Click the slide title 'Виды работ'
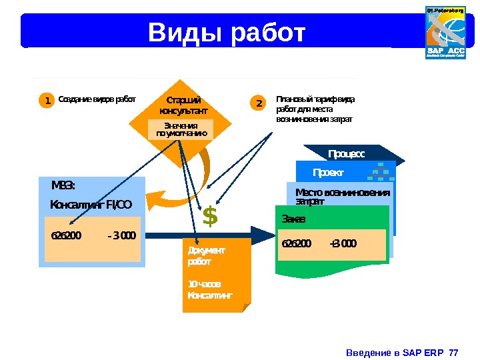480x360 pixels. pyautogui.click(x=227, y=31)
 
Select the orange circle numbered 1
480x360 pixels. pyautogui.click(x=47, y=101)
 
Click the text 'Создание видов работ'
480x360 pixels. pyautogui.click(x=97, y=100)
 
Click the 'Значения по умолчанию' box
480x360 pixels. pyautogui.click(x=181, y=129)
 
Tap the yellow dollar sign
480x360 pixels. pyautogui.click(x=210, y=217)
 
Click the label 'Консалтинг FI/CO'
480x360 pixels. pyautogui.click(x=91, y=204)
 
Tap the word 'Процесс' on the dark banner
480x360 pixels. pyautogui.click(x=347, y=154)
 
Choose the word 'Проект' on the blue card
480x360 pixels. pyautogui.click(x=328, y=173)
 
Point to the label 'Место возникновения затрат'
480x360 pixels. pyautogui.click(x=342, y=197)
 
